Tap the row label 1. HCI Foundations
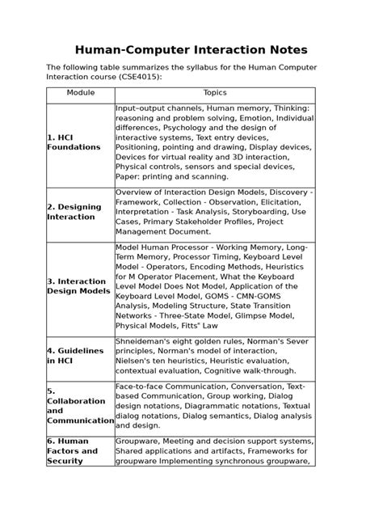[x=74, y=142]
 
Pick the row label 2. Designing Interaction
[x=74, y=211]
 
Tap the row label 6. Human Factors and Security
[x=73, y=450]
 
